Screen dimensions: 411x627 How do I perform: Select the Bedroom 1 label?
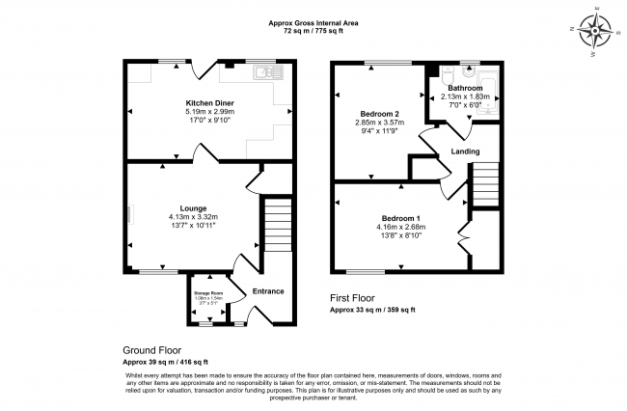point(399,219)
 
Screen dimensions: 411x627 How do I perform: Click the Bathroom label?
point(465,88)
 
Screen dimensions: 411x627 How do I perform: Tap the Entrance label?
point(267,290)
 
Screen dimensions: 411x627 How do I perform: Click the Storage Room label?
point(207,292)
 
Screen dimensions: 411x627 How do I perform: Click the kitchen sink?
point(261,70)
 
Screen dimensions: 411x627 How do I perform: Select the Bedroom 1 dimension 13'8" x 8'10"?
point(399,237)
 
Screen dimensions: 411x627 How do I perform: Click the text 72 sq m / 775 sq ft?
point(313,31)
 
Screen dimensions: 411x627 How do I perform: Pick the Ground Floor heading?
point(152,349)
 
